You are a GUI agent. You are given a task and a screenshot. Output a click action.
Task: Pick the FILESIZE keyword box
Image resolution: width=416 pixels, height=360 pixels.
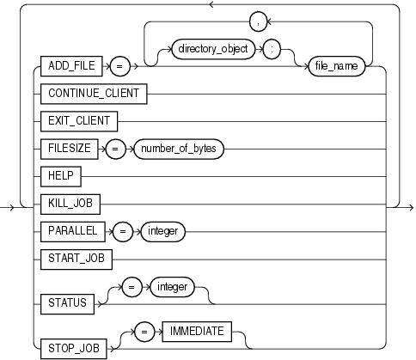tap(71, 149)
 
